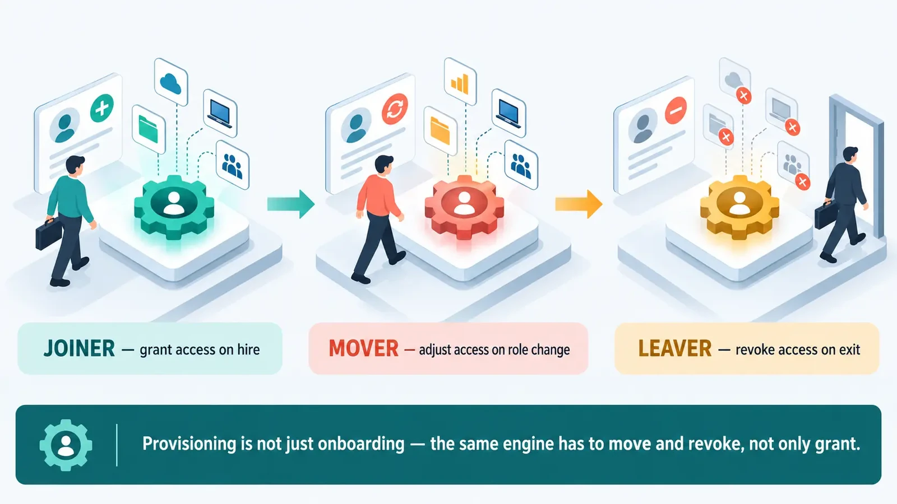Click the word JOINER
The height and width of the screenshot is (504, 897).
point(79,348)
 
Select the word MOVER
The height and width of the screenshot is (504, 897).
point(364,348)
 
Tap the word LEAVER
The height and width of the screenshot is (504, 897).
point(675,348)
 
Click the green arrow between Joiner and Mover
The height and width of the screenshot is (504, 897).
point(291,204)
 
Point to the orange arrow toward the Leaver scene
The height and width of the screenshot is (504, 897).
point(579,204)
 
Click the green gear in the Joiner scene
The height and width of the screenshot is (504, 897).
point(174,207)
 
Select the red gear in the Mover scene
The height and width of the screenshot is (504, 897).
point(464,207)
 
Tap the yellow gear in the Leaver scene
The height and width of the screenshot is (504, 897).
point(739,207)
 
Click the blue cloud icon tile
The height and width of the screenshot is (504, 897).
point(171,82)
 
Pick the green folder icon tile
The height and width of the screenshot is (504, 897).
point(149,129)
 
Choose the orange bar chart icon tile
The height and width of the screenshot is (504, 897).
point(460,82)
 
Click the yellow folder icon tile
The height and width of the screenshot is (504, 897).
point(440,130)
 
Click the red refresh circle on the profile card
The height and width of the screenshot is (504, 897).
point(395,109)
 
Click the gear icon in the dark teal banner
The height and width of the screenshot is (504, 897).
point(66,445)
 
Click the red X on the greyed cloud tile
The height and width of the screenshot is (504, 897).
point(743,96)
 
